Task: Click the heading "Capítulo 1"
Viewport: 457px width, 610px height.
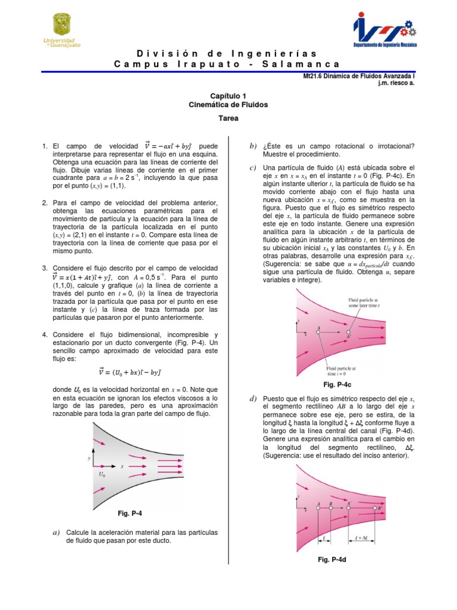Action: (x=228, y=95)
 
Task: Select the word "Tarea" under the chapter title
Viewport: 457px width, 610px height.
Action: (x=228, y=118)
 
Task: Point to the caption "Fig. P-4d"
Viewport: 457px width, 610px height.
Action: (x=339, y=560)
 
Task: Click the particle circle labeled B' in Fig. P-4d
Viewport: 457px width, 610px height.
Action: (x=374, y=509)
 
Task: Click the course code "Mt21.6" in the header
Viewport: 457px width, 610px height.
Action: (x=314, y=76)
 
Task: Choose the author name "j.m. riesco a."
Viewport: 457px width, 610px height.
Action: (x=395, y=83)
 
